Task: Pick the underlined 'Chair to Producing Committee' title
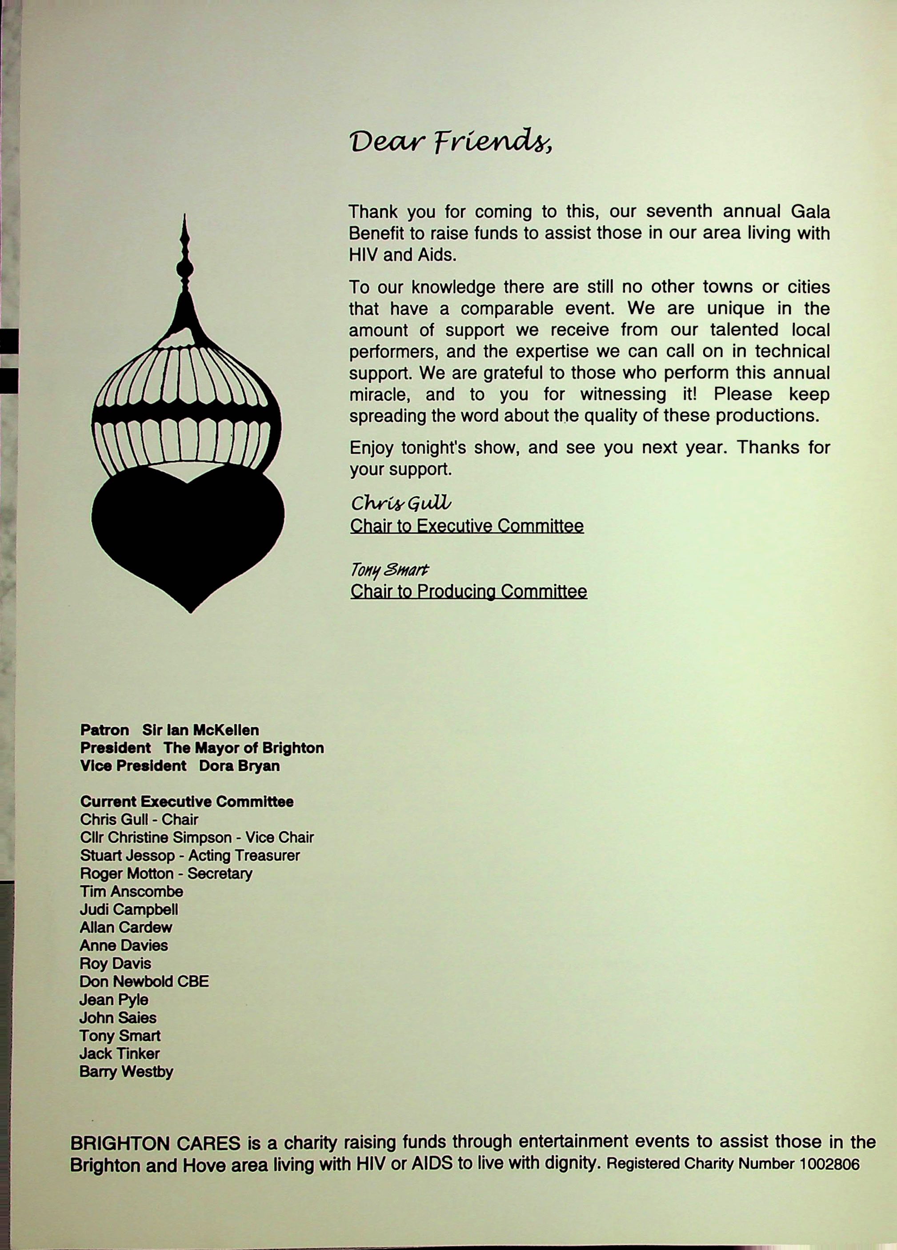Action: tap(469, 591)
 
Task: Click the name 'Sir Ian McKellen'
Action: tap(200, 730)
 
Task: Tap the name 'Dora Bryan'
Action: tap(239, 766)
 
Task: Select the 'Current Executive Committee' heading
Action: tap(187, 801)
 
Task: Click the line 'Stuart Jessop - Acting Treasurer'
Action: tap(189, 856)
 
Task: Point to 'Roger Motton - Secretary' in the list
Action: tap(166, 873)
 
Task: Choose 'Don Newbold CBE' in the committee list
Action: tap(144, 981)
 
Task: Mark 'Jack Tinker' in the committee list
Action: tap(120, 1053)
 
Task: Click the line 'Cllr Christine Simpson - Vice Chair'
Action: tap(197, 837)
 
